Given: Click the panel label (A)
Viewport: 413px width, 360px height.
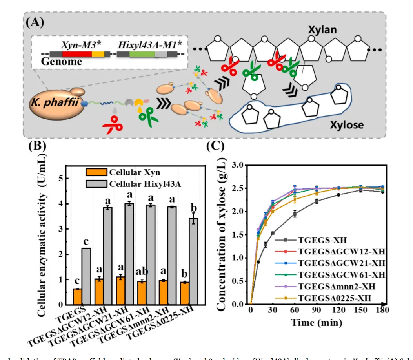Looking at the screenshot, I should coord(35,21).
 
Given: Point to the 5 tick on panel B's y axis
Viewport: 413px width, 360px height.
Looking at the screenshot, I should coord(60,178).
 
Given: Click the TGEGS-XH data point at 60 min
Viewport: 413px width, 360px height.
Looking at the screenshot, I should coord(295,214).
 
